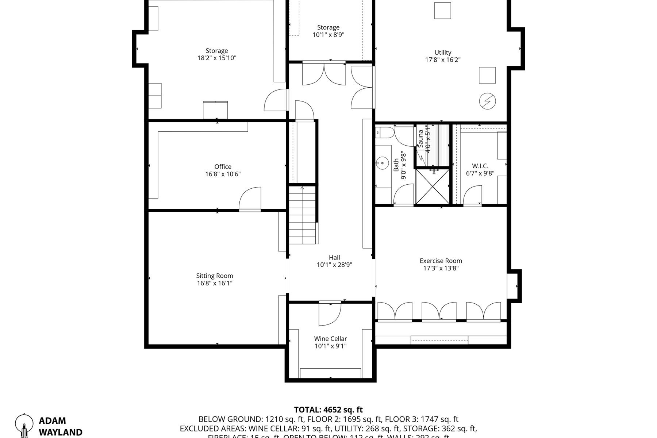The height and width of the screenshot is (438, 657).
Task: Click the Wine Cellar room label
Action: [x=330, y=339]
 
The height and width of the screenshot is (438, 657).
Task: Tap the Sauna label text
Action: [x=421, y=139]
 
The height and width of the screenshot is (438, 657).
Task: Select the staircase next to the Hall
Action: [x=303, y=215]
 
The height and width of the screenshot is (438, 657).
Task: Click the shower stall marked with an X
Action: [x=433, y=187]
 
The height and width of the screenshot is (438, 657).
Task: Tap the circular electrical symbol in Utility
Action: [x=488, y=101]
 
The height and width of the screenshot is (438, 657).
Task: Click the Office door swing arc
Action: [x=250, y=199]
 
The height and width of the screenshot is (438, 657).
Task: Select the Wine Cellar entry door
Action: [x=330, y=314]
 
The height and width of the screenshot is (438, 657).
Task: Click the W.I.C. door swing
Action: [x=473, y=195]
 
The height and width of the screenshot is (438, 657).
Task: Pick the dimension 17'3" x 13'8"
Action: [x=441, y=268]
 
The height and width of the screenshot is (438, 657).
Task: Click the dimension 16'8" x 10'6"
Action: [x=223, y=174]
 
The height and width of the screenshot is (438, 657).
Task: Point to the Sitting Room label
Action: [x=214, y=276]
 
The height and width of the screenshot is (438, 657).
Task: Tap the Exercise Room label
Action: [x=441, y=261]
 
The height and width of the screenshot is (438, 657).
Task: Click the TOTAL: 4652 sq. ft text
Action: [x=328, y=410]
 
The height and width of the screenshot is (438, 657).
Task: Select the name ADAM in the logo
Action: [x=52, y=421]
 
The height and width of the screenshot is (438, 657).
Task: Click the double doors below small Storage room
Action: [x=324, y=74]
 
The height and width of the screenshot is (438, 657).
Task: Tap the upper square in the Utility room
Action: [x=442, y=10]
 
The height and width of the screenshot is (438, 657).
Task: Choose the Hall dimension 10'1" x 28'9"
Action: [x=334, y=265]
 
